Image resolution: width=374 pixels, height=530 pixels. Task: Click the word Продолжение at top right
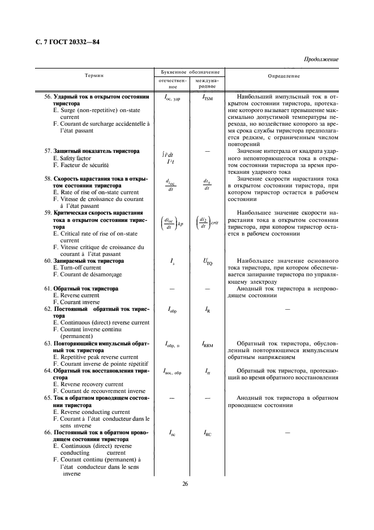[321, 59]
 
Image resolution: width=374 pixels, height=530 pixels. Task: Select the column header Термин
[94, 75]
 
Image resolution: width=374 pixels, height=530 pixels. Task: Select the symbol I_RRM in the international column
[208, 343]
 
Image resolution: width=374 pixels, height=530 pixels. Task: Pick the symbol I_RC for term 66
[208, 433]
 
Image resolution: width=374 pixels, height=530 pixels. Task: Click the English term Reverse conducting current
[91, 412]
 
